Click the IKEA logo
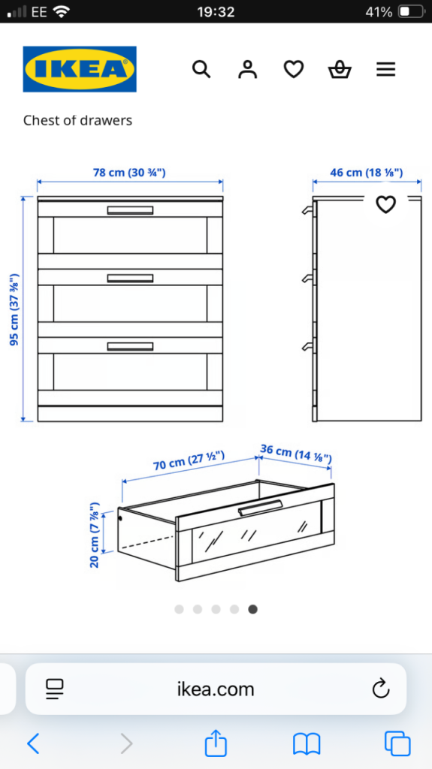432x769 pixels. click(x=80, y=69)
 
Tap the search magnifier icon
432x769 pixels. click(x=201, y=69)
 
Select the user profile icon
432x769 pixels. click(x=247, y=69)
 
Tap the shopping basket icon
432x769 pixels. click(x=340, y=70)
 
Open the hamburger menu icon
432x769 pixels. click(x=386, y=70)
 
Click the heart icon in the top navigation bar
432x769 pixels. click(x=294, y=70)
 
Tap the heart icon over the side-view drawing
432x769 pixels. click(x=386, y=204)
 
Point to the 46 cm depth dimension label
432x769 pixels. click(x=366, y=173)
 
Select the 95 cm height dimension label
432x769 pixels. click(x=15, y=309)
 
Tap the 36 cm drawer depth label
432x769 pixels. click(x=296, y=454)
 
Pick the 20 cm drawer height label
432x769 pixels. click(x=95, y=535)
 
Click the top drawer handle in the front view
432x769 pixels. click(x=130, y=210)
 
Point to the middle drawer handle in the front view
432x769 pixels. click(x=130, y=278)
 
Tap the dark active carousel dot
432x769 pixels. click(x=253, y=609)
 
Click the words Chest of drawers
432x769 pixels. click(x=77, y=120)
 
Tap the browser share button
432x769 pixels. click(x=216, y=743)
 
